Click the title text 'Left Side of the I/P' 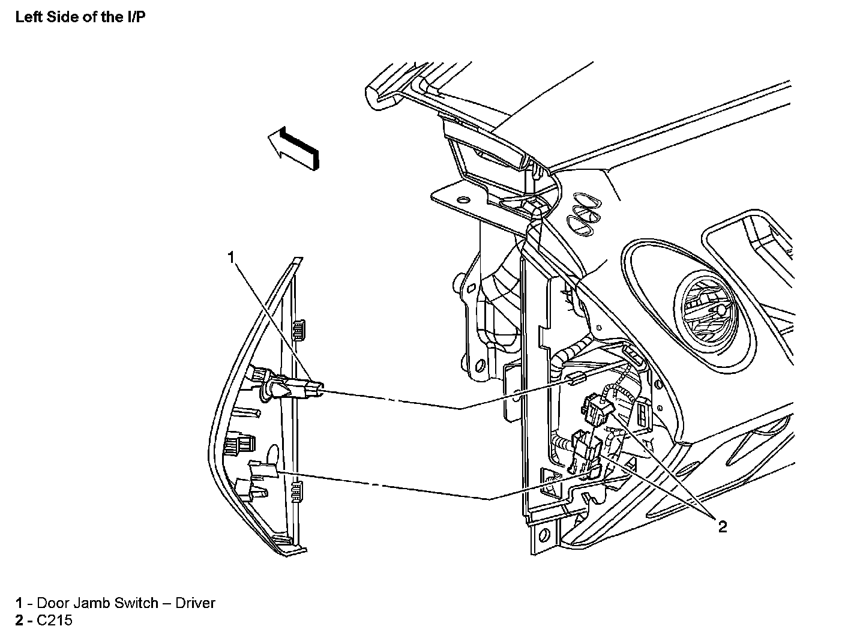[80, 17]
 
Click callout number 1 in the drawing [232, 257]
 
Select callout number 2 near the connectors [722, 526]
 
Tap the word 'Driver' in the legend [195, 603]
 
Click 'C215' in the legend [55, 620]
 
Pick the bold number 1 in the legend [19, 603]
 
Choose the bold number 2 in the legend [19, 620]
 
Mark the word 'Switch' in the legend [137, 603]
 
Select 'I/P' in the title [136, 17]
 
